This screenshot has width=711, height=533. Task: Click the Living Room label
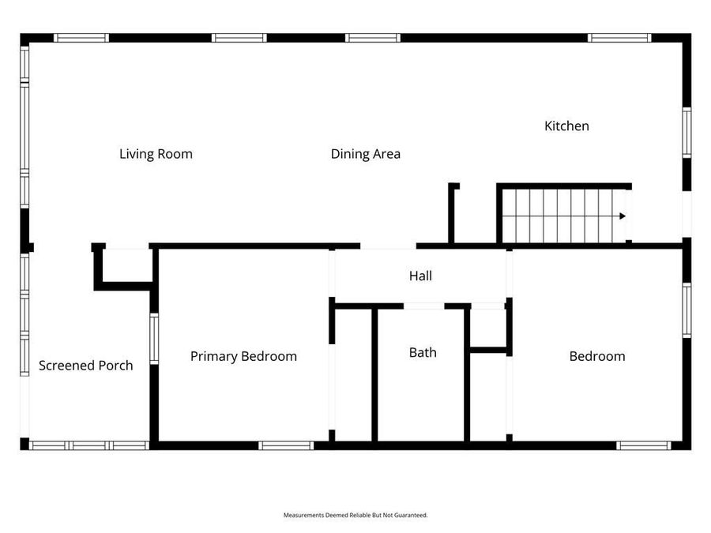pyautogui.click(x=156, y=154)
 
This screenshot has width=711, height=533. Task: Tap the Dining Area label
pyautogui.click(x=365, y=154)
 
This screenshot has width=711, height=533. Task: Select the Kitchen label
pyautogui.click(x=566, y=126)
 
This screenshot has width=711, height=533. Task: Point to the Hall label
pyautogui.click(x=420, y=276)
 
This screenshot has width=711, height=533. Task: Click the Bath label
pyautogui.click(x=423, y=352)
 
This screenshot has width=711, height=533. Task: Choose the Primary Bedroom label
pyautogui.click(x=243, y=356)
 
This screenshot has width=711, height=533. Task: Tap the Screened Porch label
pyautogui.click(x=85, y=366)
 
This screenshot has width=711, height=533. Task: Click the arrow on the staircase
pyautogui.click(x=623, y=216)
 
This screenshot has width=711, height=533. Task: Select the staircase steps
pyautogui.click(x=561, y=216)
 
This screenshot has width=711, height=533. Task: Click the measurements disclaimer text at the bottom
pyautogui.click(x=355, y=515)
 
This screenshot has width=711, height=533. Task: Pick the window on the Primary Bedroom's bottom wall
pyautogui.click(x=286, y=445)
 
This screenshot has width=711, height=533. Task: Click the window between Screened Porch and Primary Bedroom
pyautogui.click(x=154, y=339)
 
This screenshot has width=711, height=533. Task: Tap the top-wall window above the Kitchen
pyautogui.click(x=619, y=38)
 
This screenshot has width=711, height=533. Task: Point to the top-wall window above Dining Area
pyautogui.click(x=373, y=38)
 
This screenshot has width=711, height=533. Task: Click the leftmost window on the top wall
pyautogui.click(x=81, y=38)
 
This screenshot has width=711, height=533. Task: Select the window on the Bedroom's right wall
pyautogui.click(x=687, y=310)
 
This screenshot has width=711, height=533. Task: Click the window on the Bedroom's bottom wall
pyautogui.click(x=644, y=445)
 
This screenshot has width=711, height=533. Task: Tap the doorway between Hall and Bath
pyautogui.click(x=424, y=306)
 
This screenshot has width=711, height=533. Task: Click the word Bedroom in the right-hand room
pyautogui.click(x=597, y=356)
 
